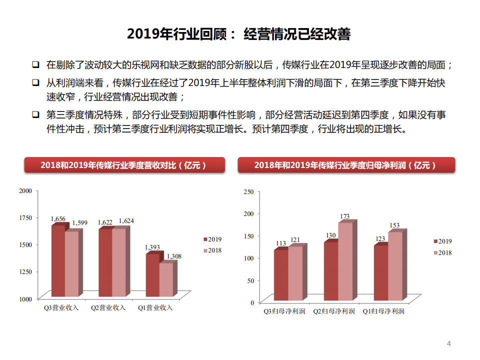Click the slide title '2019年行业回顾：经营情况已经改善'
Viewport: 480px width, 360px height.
239,34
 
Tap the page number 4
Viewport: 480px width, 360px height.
449,343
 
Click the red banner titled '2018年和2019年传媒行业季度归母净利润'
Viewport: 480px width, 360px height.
346,165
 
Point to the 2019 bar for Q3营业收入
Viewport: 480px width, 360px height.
58,261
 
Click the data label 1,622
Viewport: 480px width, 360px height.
105,222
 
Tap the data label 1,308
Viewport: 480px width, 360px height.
174,256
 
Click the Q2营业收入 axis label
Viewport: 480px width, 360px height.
108,308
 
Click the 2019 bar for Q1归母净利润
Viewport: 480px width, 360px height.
380,273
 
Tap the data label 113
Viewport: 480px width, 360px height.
281,243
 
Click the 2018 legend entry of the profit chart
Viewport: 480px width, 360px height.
441,253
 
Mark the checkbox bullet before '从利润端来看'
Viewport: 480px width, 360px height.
36,82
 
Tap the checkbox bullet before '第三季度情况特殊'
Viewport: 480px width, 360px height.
36,114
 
